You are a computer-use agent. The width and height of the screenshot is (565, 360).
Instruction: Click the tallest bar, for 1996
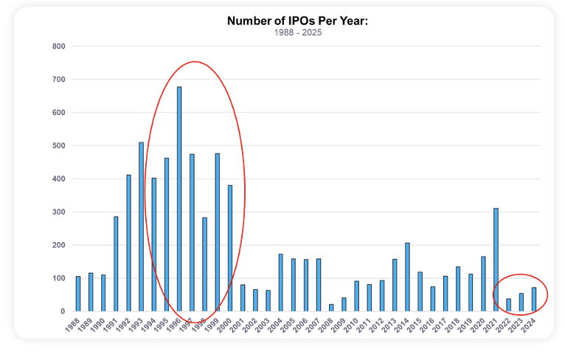pos(179,199)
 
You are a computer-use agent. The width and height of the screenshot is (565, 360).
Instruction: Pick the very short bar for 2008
pos(331,308)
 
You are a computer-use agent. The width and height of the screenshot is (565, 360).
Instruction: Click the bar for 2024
pos(534,300)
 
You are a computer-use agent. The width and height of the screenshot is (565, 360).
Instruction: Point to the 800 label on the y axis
pos(59,46)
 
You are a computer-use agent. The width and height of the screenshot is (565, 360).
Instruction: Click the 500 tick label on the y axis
pos(59,146)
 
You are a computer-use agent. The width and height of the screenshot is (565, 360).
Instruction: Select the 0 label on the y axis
pos(63,312)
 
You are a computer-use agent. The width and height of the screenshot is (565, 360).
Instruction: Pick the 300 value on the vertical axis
pos(59,212)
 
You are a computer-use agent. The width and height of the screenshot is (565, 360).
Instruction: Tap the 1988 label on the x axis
pos(72,327)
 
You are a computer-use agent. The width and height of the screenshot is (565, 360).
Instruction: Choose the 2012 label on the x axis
pos(377,327)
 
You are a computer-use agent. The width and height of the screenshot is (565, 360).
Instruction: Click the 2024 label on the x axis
pos(529,327)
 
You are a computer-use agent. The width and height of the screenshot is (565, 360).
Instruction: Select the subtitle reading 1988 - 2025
pos(297,33)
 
